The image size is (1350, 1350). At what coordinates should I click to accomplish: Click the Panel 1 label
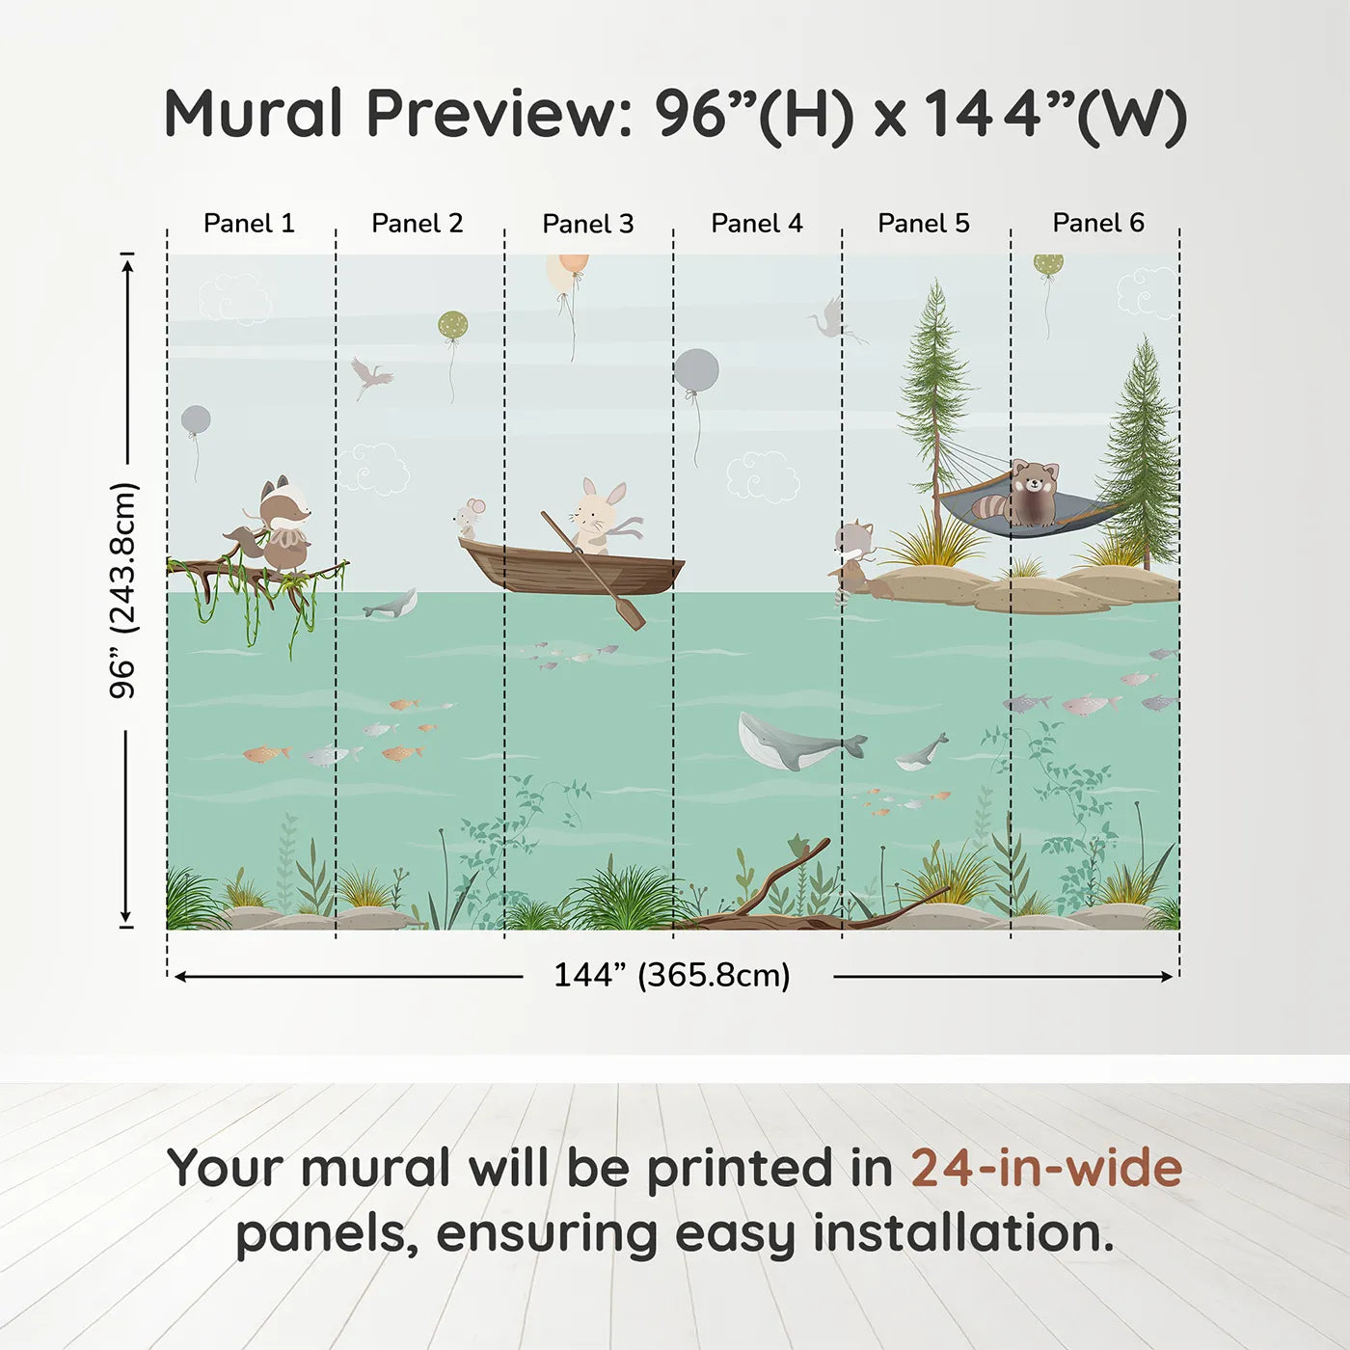[x=249, y=224]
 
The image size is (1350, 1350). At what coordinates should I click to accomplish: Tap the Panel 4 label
[x=756, y=224]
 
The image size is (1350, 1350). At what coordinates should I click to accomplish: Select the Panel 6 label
[x=1097, y=224]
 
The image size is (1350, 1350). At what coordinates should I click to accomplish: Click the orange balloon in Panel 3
[x=569, y=271]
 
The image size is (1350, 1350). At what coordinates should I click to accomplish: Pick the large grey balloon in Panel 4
[x=696, y=370]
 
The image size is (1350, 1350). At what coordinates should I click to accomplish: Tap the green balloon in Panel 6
[x=1048, y=264]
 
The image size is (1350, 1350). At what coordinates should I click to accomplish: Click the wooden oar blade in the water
[x=631, y=613]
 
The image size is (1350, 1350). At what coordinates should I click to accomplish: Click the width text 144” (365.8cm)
[x=671, y=975]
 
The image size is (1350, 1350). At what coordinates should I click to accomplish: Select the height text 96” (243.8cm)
[x=123, y=590]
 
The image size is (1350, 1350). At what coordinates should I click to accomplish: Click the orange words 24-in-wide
[x=1045, y=1169]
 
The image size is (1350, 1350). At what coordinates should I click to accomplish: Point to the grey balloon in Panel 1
[x=196, y=420]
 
